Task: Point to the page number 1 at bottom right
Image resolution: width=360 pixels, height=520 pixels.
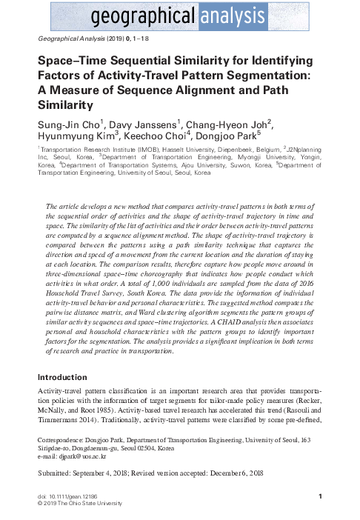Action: pos(319,496)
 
